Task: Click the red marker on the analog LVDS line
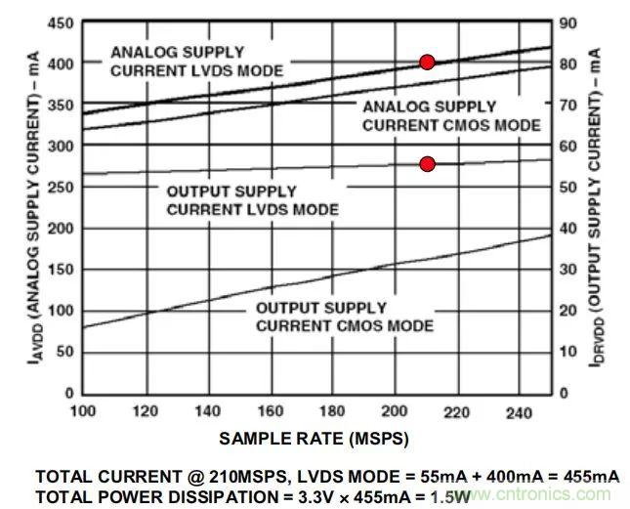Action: click(x=427, y=63)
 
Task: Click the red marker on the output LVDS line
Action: click(x=427, y=164)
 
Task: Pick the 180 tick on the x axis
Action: click(x=333, y=413)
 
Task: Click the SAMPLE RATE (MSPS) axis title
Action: click(x=314, y=439)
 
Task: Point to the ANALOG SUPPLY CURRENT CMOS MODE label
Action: click(x=451, y=115)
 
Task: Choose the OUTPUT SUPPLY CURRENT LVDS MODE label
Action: click(x=252, y=200)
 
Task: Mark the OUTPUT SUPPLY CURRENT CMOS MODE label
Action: click(x=345, y=317)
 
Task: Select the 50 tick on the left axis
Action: click(x=61, y=352)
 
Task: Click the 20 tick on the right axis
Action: click(x=567, y=311)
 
